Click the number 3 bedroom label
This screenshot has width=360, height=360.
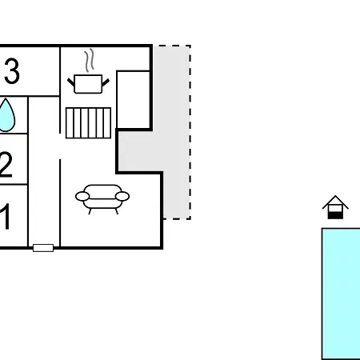point(12,71)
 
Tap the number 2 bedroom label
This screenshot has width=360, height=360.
point(6,164)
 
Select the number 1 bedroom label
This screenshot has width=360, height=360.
point(6,216)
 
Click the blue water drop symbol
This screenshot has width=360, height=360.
point(6,115)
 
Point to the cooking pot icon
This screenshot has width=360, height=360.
point(88,84)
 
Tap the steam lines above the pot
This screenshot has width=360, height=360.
point(90,60)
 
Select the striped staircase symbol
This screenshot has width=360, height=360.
point(88,123)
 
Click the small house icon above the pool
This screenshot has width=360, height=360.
point(335,207)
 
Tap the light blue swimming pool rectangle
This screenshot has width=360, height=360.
point(341,294)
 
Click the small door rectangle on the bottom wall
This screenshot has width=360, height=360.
point(43,248)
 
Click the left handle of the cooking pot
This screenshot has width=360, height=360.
point(71,82)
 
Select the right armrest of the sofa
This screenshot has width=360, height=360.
point(122,197)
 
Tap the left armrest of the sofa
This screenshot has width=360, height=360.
point(82,197)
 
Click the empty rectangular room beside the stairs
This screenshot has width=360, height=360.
point(134,100)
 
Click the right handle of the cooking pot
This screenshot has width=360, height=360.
point(106,82)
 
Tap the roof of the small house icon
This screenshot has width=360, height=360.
point(335,202)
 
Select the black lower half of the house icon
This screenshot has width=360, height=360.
point(335,215)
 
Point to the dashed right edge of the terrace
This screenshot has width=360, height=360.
point(190,132)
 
